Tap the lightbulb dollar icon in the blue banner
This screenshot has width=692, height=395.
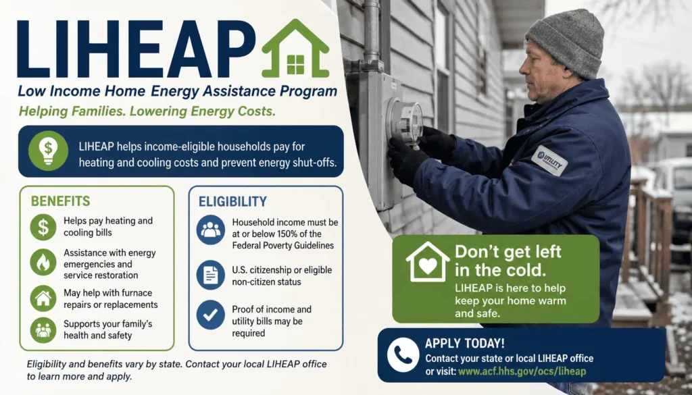click(x=48, y=151)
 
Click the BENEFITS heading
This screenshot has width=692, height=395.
click(x=60, y=201)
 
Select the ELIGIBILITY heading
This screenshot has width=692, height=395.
click(x=232, y=201)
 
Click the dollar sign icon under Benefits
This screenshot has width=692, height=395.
click(x=43, y=227)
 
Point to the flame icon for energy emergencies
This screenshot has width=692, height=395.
click(x=43, y=262)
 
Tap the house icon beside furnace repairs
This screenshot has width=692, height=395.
click(x=43, y=298)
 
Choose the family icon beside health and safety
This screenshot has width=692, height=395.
click(x=43, y=330)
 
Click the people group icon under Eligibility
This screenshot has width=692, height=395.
click(x=211, y=230)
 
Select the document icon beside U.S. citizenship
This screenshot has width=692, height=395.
click(x=211, y=275)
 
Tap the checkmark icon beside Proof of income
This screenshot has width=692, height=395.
click(x=211, y=315)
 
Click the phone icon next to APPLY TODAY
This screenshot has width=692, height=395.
click(x=403, y=355)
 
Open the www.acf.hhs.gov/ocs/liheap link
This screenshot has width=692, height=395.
click(x=522, y=371)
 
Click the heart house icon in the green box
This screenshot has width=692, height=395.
click(x=428, y=262)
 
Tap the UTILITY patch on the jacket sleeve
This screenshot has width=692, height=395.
click(x=549, y=161)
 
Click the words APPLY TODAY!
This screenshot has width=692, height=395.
click(x=464, y=344)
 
